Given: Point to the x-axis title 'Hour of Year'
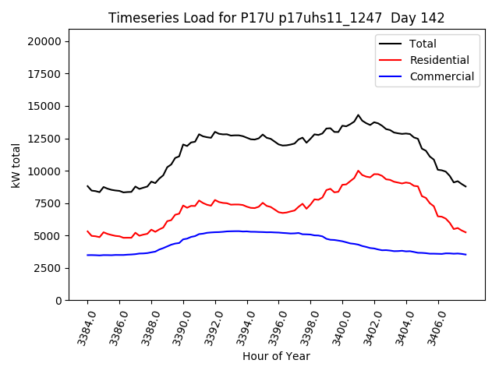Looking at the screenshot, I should pyautogui.click(x=276, y=356).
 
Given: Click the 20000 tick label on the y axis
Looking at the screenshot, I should pyautogui.click(x=48, y=41).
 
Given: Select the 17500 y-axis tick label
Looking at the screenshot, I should pyautogui.click(x=48, y=74).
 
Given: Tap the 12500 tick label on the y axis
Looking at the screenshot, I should pyautogui.click(x=48, y=139).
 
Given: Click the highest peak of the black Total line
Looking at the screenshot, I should pyautogui.click(x=359, y=115).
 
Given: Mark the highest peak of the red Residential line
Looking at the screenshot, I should pyautogui.click(x=359, y=171).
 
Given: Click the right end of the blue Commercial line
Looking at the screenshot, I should pyautogui.click(x=465, y=255).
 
